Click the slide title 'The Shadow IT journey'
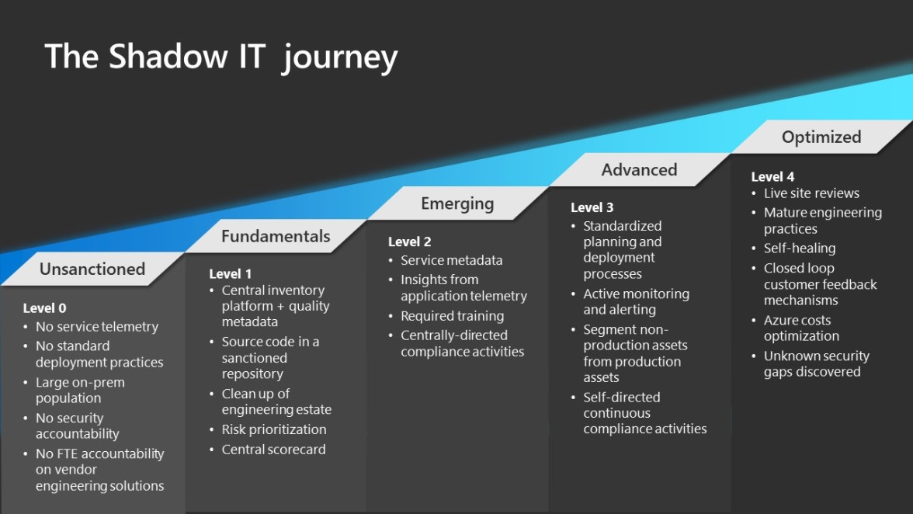(220, 57)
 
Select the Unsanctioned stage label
(92, 269)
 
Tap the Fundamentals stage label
(276, 237)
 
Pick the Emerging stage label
(457, 204)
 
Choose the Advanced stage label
(639, 170)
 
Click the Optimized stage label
(821, 137)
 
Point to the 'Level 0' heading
(44, 308)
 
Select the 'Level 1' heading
(230, 274)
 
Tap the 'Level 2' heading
(409, 241)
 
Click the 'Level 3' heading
(592, 207)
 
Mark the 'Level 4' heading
(772, 177)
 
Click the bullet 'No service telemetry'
(96, 327)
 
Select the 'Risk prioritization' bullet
(273, 429)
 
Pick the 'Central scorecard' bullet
(273, 450)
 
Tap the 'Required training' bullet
(452, 316)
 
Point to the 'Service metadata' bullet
(451, 260)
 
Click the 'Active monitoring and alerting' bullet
(635, 301)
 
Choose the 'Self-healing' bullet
(799, 248)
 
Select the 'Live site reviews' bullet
(811, 193)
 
